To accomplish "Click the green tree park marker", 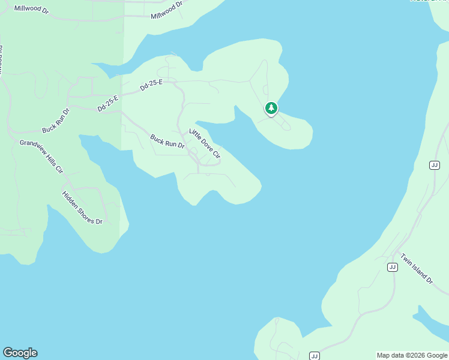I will pos(271,109).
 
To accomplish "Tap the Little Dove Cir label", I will pos(205,143).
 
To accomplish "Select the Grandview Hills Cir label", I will pos(41,156).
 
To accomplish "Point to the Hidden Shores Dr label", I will pos(82,208).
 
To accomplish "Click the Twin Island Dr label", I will pos(416,268).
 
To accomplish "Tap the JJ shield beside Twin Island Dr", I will pos(393,267).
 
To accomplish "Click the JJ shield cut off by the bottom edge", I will pos(314,356).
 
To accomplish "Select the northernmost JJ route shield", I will pos(435,165).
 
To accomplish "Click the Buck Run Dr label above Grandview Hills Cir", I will pos(56,121).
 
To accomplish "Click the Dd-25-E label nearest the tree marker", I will pos(151,86).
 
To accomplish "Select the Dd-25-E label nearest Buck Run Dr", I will pos(109,103).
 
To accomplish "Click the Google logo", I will pos(20,353).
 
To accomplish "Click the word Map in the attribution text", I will pos(383,355).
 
